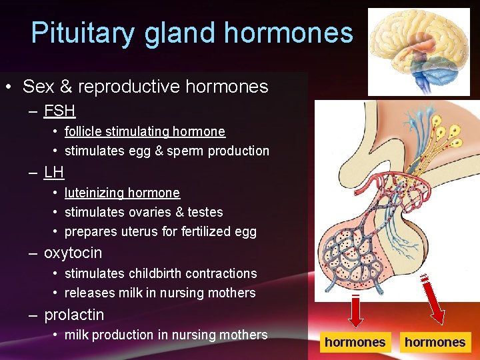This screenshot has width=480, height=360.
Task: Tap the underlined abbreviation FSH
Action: tap(59, 111)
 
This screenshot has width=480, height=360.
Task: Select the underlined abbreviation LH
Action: tap(53, 172)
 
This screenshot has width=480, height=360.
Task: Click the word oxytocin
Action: tap(73, 253)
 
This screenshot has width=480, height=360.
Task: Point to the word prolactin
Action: tap(73, 314)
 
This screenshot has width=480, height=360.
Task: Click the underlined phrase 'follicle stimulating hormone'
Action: tap(145, 132)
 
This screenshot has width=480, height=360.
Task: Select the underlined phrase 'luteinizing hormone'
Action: tap(122, 193)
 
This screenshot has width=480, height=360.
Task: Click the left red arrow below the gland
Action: tap(355, 310)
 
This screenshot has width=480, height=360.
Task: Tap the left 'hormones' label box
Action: tap(355, 342)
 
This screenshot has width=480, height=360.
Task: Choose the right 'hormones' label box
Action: tap(435, 342)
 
